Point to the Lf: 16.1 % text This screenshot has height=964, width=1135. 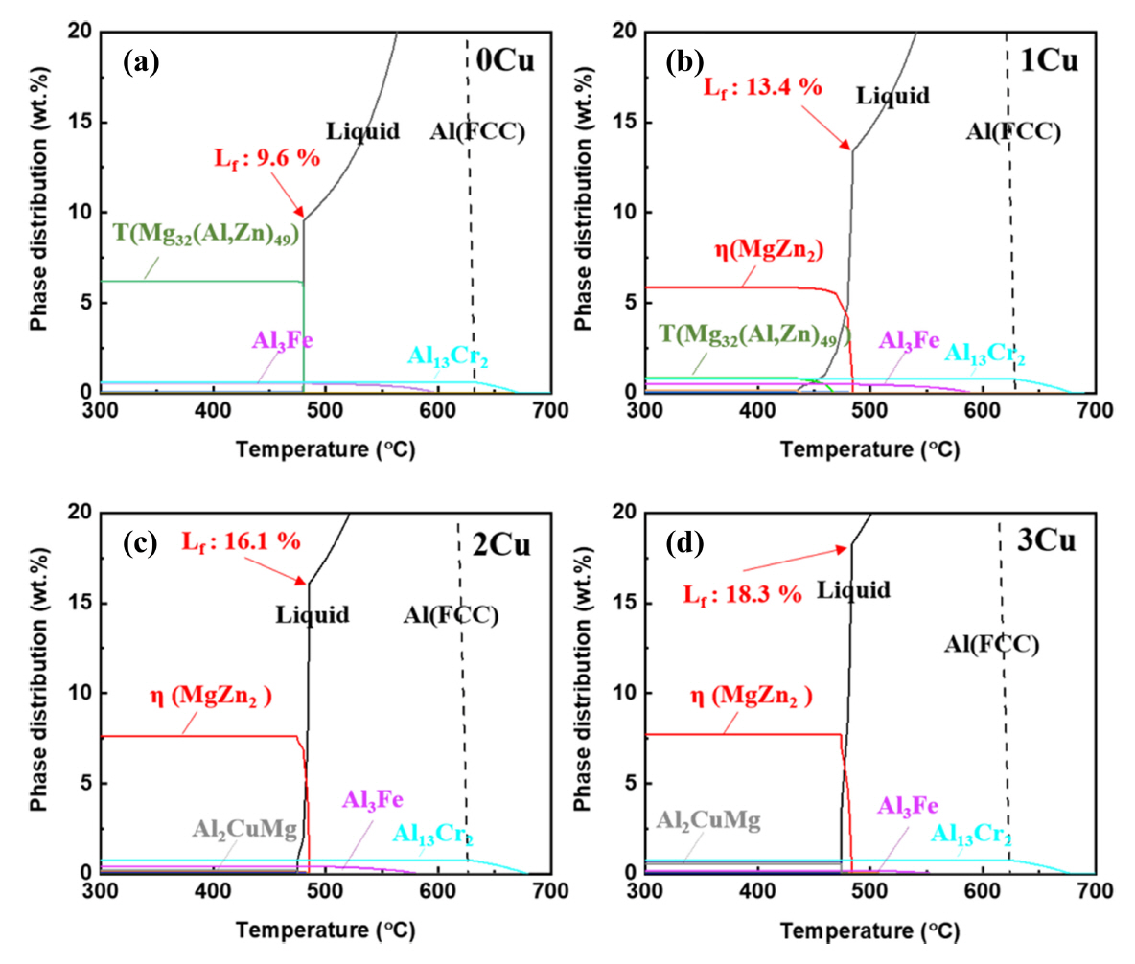242,542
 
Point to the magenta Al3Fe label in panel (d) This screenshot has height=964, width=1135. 908,806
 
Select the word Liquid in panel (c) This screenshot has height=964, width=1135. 313,613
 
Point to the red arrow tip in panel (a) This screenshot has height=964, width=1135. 304,218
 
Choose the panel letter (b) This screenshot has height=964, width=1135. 685,64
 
